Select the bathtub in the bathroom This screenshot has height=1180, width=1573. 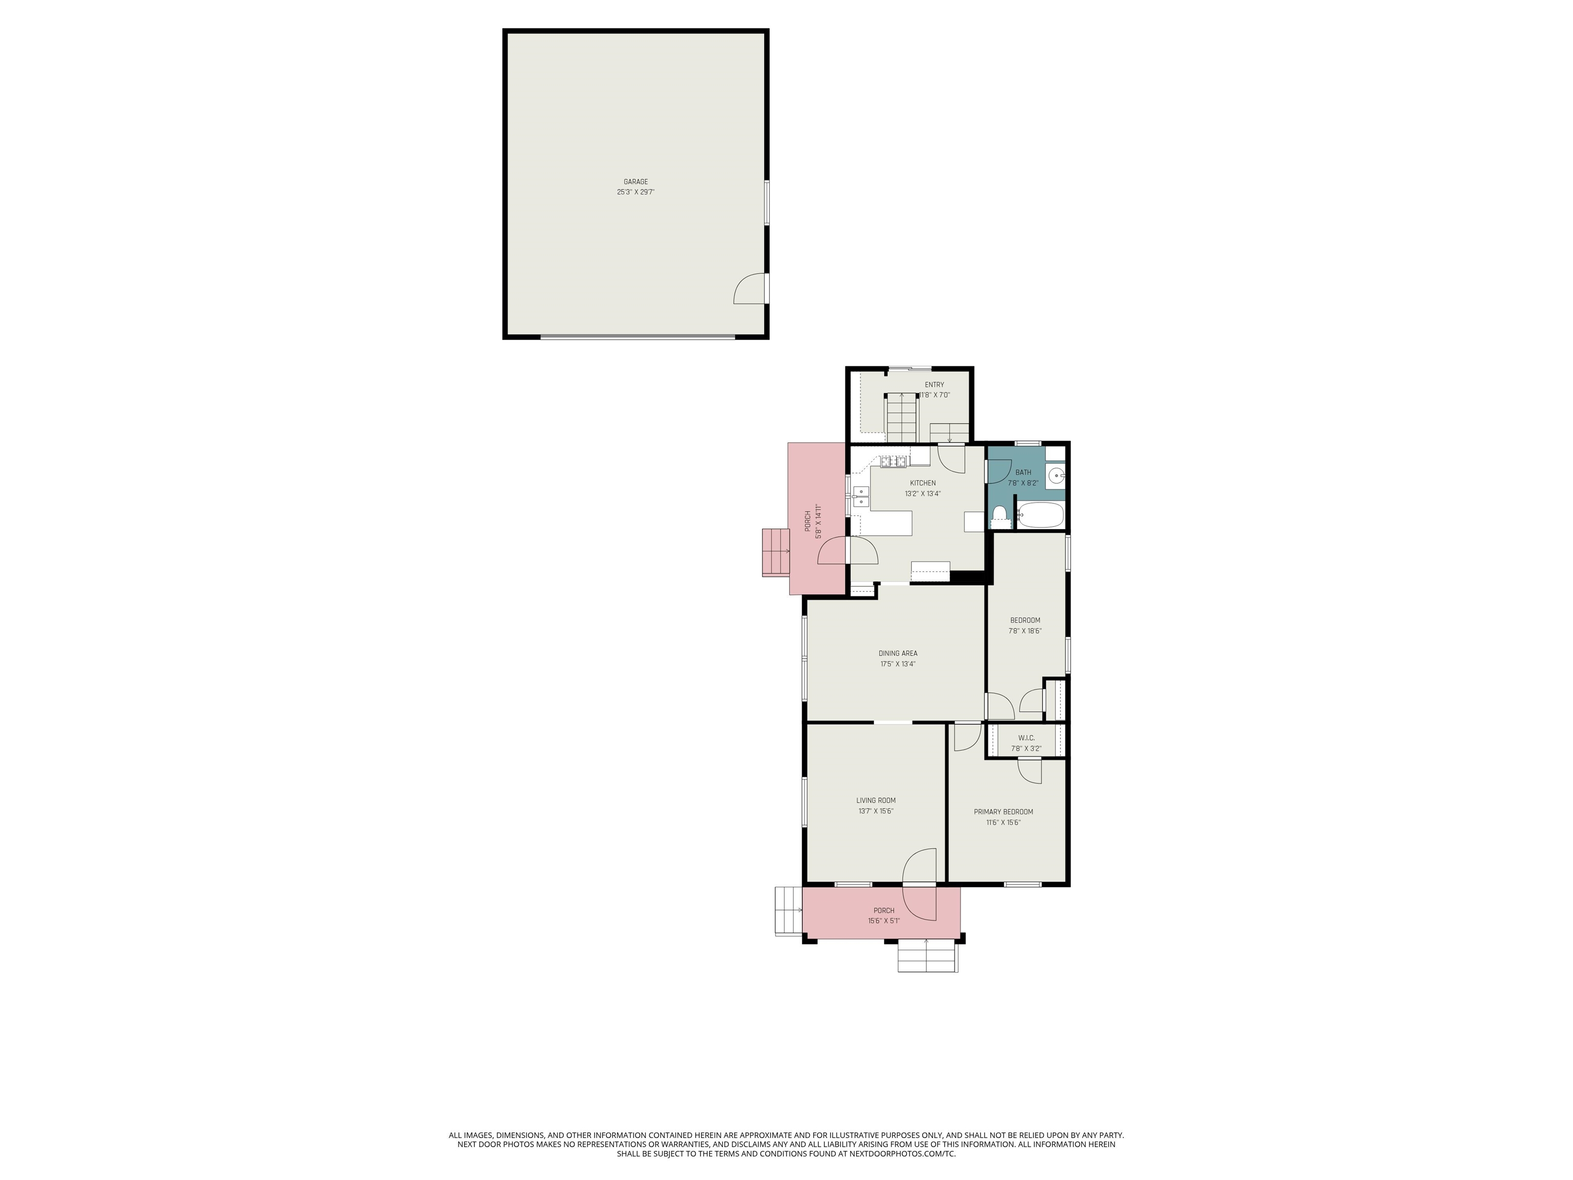pos(1039,515)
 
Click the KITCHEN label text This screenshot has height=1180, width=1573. pos(923,483)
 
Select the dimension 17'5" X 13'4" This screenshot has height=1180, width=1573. pos(898,664)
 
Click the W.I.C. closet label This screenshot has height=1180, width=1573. pos(1026,737)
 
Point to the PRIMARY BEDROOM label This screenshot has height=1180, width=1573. pos(1004,812)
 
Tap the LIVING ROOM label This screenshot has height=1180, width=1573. pos(876,800)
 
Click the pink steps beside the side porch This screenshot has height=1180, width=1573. pos(776,553)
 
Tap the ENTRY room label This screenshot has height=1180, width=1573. pos(934,385)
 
